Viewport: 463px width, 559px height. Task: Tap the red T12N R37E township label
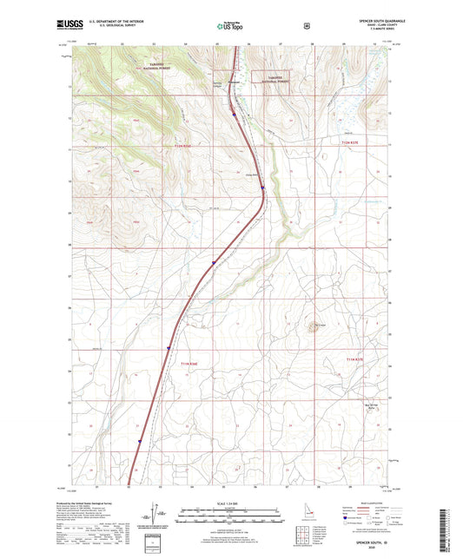tap(352, 144)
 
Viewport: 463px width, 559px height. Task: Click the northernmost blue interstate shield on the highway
tap(233, 110)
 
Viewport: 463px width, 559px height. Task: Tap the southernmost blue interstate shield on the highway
tap(138, 442)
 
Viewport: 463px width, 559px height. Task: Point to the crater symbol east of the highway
tap(310, 328)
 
